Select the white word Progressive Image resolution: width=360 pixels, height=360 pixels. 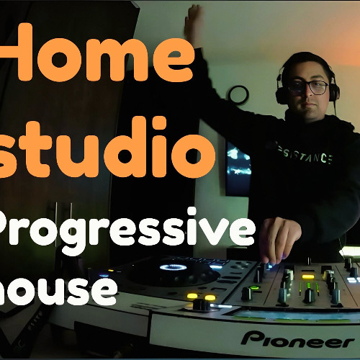pyautogui.click(x=126, y=229)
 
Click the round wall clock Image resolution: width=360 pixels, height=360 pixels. pyautogui.click(x=238, y=95)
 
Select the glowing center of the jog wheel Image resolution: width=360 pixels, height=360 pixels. pyautogui.click(x=173, y=267)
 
